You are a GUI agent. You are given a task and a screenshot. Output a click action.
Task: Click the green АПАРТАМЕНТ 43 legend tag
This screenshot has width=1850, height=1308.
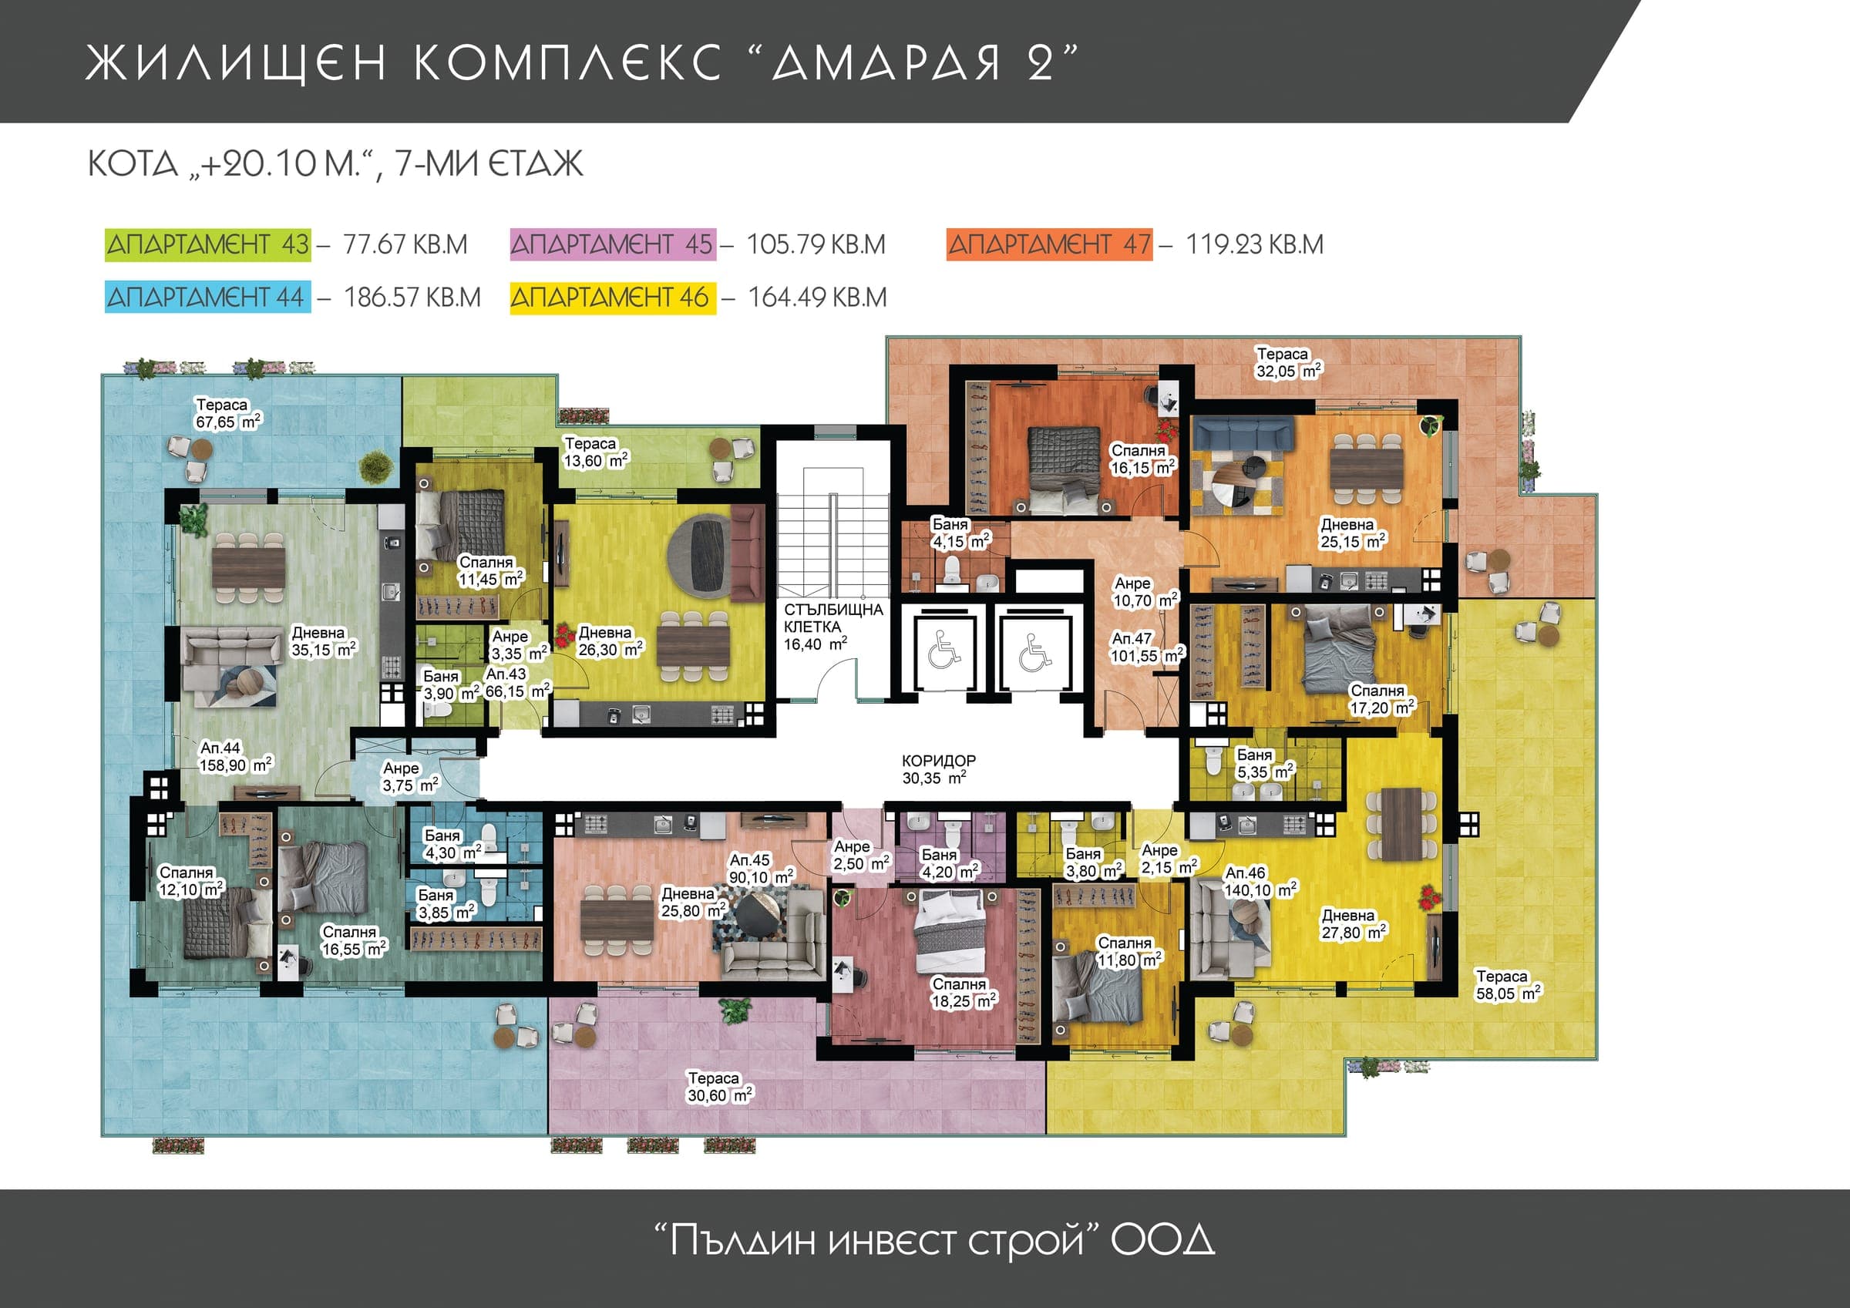point(208,245)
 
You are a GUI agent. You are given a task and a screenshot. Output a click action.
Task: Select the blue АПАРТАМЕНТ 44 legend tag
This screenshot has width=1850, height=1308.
point(208,298)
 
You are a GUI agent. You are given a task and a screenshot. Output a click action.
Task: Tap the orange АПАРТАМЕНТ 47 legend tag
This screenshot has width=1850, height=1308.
point(1050,245)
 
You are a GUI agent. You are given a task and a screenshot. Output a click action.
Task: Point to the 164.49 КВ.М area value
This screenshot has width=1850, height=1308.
point(818,298)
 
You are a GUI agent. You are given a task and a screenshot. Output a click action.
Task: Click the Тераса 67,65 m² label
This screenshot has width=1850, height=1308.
point(229,413)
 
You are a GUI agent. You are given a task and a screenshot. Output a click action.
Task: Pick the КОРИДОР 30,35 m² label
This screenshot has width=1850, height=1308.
point(939,768)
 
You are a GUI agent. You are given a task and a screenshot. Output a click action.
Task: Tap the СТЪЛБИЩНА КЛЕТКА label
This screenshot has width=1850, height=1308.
point(833,618)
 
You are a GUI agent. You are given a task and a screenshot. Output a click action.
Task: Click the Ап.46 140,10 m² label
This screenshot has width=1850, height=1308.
point(1260,882)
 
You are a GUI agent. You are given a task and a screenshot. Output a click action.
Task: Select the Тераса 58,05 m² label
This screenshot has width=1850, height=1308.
point(1508,985)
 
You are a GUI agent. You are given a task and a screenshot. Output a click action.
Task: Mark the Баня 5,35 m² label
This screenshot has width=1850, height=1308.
point(1265,763)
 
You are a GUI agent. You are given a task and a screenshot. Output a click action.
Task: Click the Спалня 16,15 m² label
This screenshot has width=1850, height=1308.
point(1143,459)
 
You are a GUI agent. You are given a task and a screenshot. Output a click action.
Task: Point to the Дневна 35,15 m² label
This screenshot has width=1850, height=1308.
point(323,641)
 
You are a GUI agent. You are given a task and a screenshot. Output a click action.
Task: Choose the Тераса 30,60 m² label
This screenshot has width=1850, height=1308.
point(719,1086)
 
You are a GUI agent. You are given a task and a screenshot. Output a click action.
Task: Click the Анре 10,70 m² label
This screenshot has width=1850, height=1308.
point(1145,591)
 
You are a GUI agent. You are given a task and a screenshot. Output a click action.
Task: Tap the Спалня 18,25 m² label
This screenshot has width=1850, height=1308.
point(964,993)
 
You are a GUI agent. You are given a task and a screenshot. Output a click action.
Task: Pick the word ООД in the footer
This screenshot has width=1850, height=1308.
point(1162,1240)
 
